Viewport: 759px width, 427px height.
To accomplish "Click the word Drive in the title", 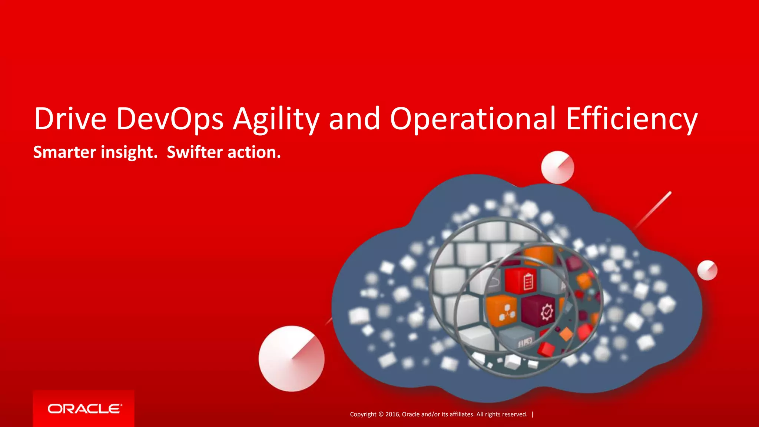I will coord(70,119).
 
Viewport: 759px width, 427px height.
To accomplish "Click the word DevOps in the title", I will coord(170,119).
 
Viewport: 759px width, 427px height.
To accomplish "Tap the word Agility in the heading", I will coord(276,119).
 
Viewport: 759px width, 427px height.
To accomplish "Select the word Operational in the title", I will coord(473,119).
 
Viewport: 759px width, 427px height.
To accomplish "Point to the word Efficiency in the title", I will coord(632,119).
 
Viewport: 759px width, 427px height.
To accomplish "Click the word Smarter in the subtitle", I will coord(65,152).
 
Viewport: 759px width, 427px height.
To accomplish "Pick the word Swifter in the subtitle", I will coord(195,152).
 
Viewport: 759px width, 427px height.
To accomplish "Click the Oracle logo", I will coord(84,409).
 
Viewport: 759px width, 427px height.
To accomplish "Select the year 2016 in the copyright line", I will coord(392,414).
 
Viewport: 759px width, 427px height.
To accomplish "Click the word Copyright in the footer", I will coord(363,414).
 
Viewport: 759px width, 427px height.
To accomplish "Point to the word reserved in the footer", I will coord(513,414).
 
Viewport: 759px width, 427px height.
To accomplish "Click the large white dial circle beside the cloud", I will coord(291,358).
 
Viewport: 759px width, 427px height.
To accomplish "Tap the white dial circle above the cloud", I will coord(557,167).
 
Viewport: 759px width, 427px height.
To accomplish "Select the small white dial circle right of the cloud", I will coord(707,270).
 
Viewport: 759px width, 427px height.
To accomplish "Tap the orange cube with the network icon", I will coord(502,311).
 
